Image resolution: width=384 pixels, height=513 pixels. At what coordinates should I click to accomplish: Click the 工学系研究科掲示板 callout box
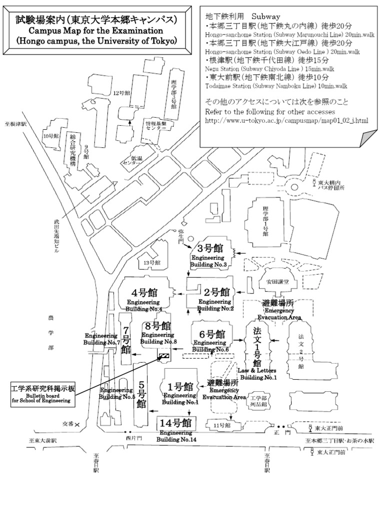coord(43,394)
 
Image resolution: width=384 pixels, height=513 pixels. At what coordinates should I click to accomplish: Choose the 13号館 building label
coord(151,262)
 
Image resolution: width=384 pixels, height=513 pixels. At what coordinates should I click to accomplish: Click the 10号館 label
coord(50,136)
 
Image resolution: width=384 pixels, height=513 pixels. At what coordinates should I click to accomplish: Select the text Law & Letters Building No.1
coord(258,374)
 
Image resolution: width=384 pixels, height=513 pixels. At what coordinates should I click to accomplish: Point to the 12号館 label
coord(121,93)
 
